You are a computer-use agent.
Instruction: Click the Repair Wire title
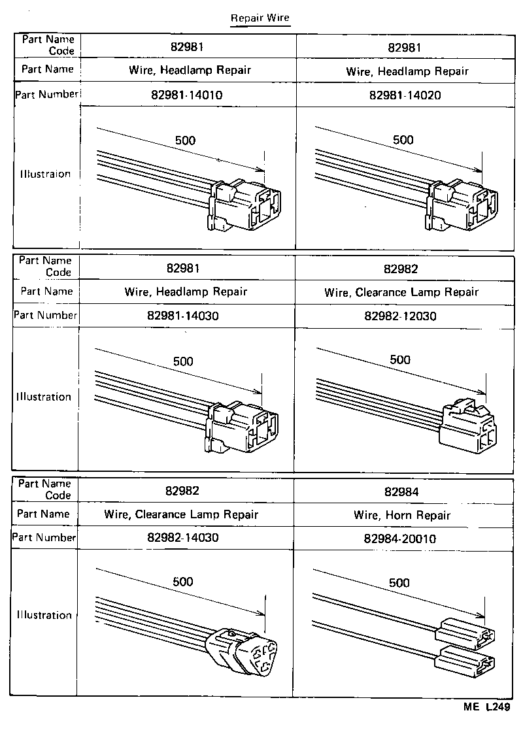[x=260, y=18]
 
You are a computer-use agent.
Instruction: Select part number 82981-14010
[x=186, y=95]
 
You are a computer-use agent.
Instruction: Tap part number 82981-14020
[x=405, y=95]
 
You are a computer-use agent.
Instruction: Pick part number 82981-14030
[x=186, y=316]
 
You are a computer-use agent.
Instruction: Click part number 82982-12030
[x=400, y=316]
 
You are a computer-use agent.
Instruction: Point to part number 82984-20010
[x=400, y=539]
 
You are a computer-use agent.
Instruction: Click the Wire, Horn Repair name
[x=402, y=515]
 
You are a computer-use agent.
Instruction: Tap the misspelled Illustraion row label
[x=45, y=175]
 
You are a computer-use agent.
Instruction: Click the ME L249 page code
[x=486, y=707]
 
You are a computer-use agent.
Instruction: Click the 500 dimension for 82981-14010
[x=185, y=140]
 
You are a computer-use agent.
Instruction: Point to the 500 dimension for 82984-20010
[x=399, y=583]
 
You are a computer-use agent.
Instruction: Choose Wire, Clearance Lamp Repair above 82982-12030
[x=401, y=292]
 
